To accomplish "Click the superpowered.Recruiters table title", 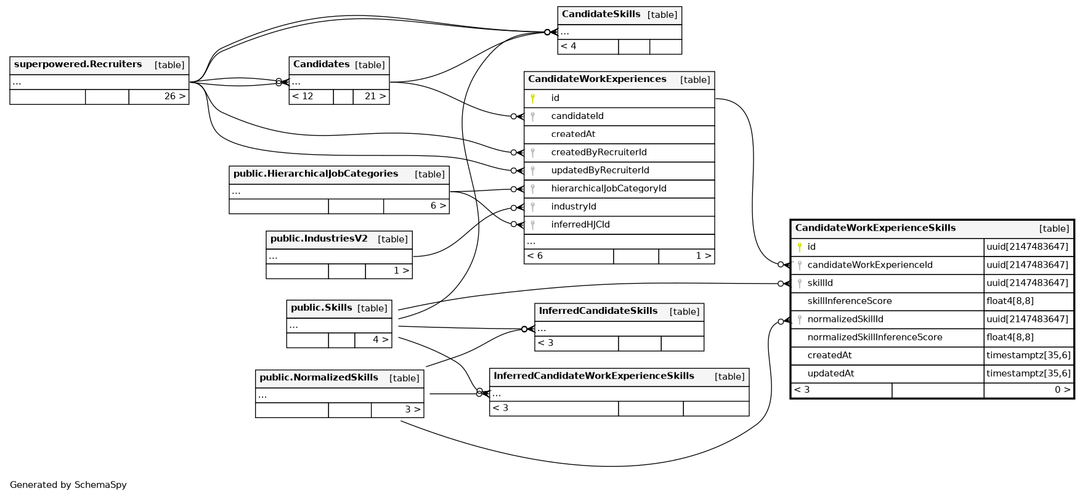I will click(78, 65).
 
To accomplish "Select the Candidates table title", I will click(322, 65).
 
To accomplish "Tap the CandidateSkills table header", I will click(601, 15).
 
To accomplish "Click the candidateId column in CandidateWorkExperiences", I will click(577, 117).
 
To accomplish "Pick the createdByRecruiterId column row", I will click(599, 153).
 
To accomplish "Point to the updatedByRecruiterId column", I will click(600, 171).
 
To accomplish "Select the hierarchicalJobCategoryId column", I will click(609, 189).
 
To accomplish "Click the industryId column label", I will click(574, 207).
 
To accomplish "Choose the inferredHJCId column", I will click(580, 225).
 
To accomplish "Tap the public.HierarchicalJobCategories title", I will click(315, 175).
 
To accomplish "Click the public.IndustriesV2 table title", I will click(319, 239).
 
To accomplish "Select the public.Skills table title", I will click(322, 308).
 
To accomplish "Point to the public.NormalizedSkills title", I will click(319, 378).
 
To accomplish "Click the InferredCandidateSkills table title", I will click(598, 311).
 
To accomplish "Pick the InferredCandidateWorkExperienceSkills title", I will click(594, 376).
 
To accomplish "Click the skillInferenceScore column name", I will click(850, 302).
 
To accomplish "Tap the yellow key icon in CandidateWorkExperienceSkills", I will click(800, 247).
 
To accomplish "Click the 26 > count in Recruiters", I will click(175, 97).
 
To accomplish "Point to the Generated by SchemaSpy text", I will click(68, 485).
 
